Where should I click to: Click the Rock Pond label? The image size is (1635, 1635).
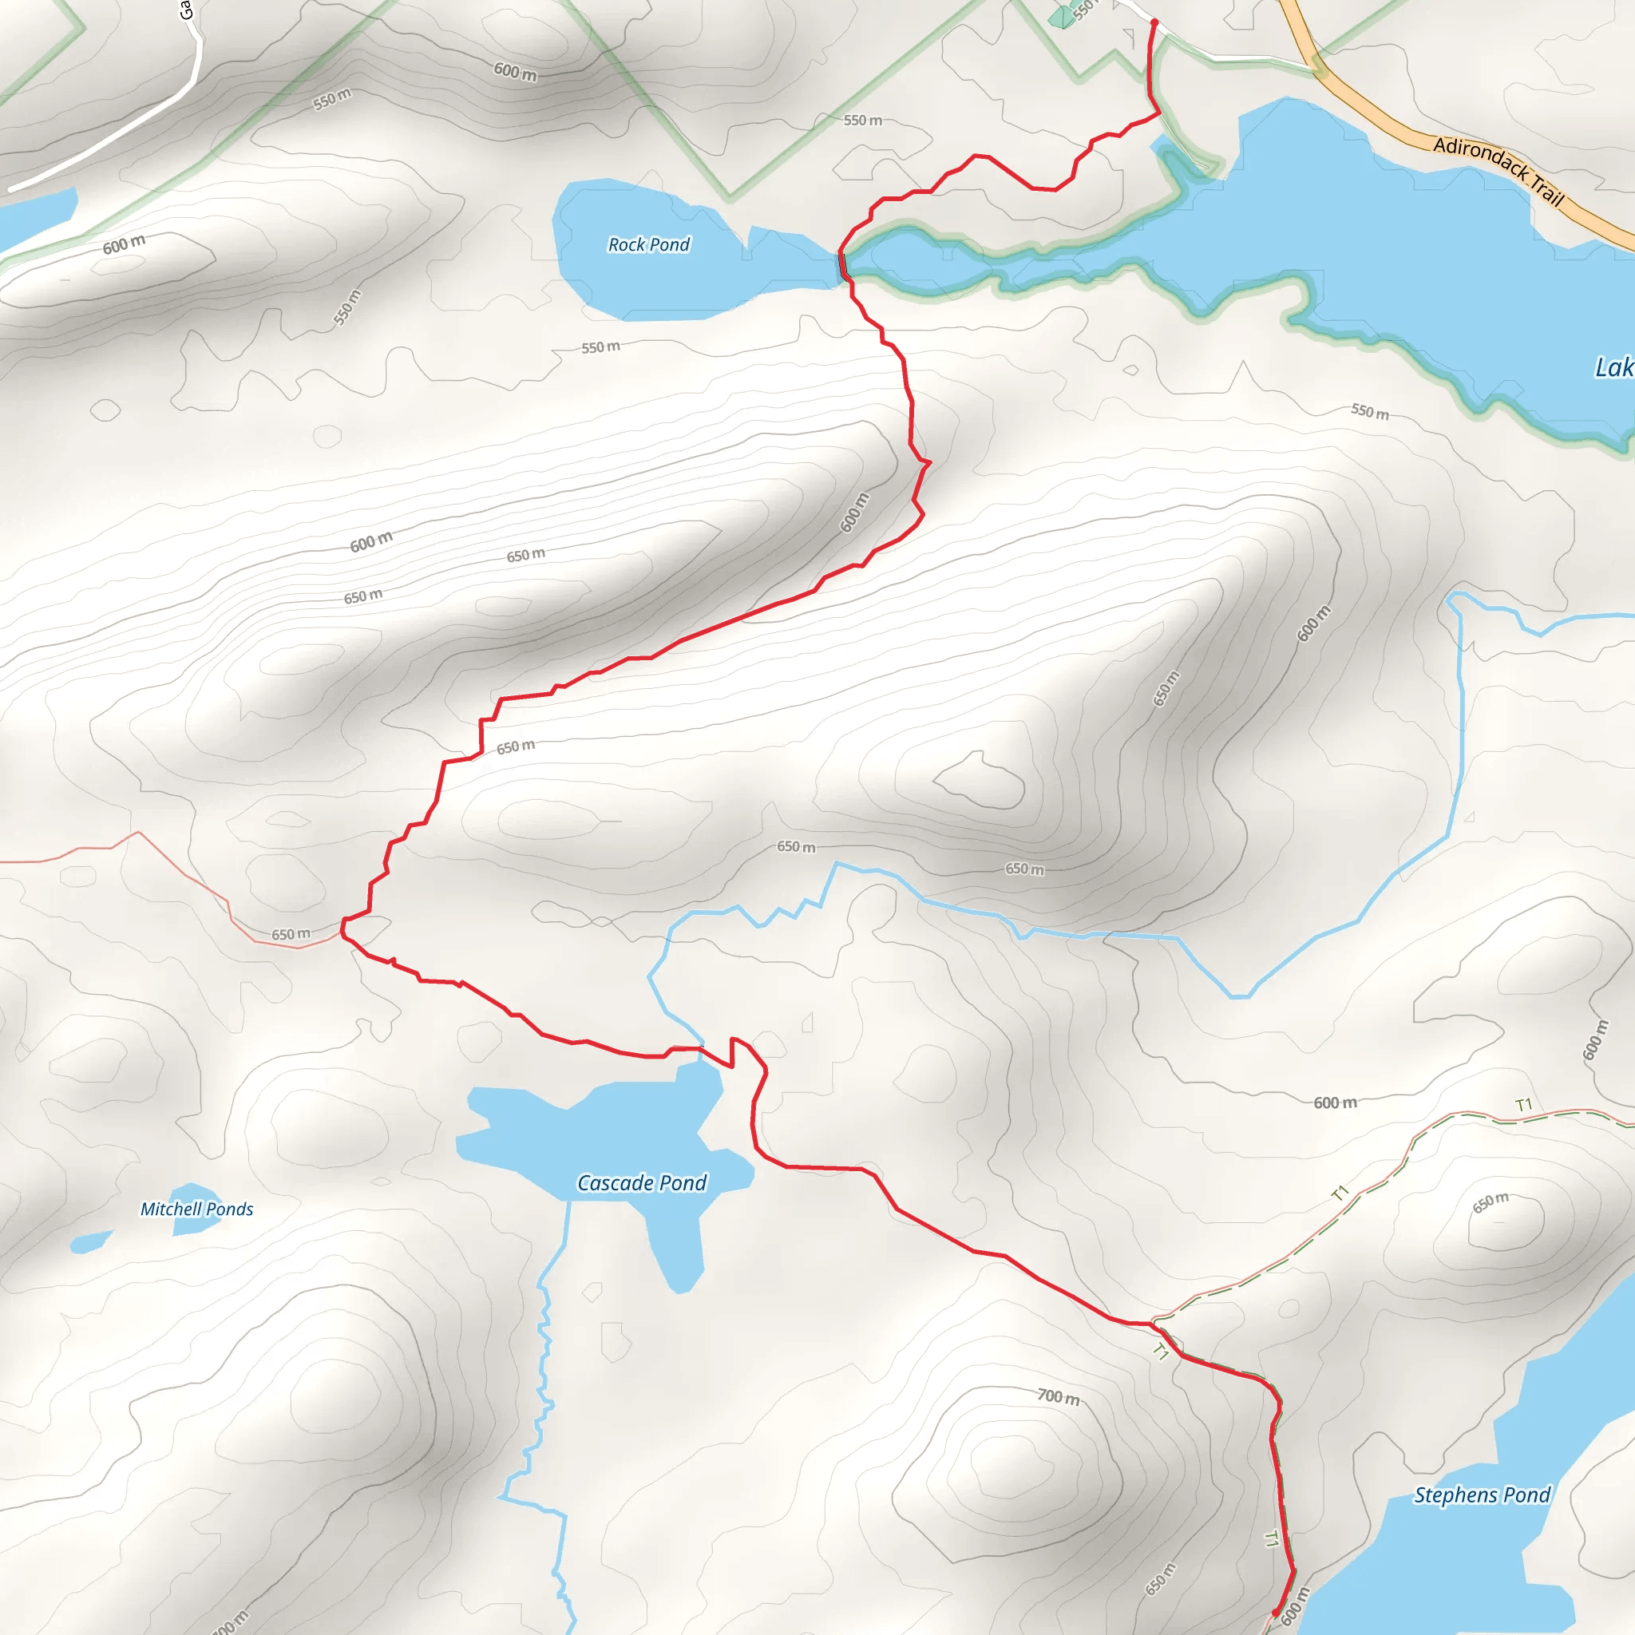pyautogui.click(x=649, y=244)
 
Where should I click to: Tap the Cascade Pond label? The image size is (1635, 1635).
pyautogui.click(x=642, y=1182)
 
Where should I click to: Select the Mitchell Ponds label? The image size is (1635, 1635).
pyautogui.click(x=196, y=1209)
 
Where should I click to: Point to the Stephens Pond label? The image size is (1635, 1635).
pyautogui.click(x=1482, y=1495)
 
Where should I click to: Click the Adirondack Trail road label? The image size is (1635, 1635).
pyautogui.click(x=1498, y=170)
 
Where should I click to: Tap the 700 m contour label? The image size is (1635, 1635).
pyautogui.click(x=1059, y=1396)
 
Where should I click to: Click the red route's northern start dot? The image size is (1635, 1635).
pyautogui.click(x=1154, y=23)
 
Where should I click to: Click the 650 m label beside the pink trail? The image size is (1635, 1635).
pyautogui.click(x=291, y=934)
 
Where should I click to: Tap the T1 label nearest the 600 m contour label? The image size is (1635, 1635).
pyautogui.click(x=1524, y=1105)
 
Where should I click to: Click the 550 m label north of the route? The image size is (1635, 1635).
pyautogui.click(x=862, y=121)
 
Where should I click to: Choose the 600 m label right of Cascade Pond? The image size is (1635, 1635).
pyautogui.click(x=1335, y=1103)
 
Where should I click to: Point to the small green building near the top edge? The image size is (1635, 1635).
pyautogui.click(x=1059, y=17)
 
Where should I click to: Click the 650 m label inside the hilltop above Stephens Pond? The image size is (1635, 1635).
pyautogui.click(x=1491, y=1202)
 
